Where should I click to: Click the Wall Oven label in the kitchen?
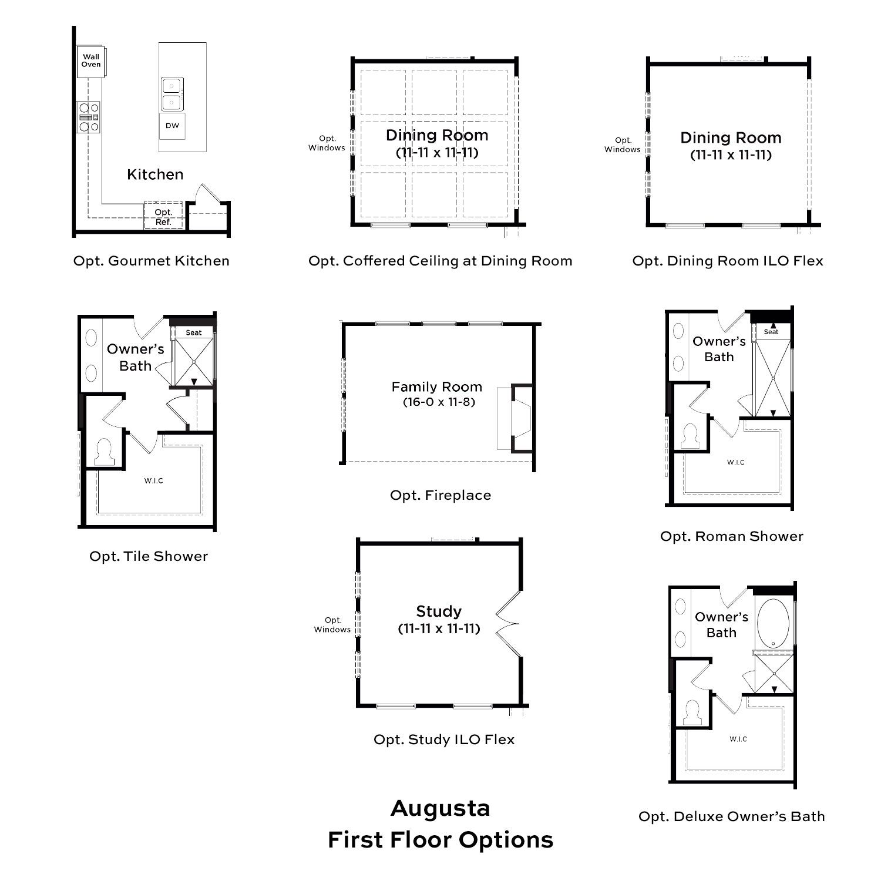tap(91, 60)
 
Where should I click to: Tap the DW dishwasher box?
tap(172, 126)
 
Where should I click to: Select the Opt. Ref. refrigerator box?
tap(164, 217)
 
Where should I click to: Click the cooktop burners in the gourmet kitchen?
tap(89, 117)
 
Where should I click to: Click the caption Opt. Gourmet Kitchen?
tap(152, 261)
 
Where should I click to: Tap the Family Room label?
tap(437, 386)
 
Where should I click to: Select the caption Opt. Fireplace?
tap(441, 495)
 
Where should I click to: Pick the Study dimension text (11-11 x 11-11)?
tap(439, 628)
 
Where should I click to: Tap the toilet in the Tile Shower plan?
tap(105, 452)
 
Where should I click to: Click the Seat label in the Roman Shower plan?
tap(771, 332)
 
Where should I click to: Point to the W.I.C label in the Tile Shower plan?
tap(154, 481)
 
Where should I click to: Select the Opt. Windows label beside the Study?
tap(332, 625)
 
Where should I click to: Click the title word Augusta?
tap(441, 809)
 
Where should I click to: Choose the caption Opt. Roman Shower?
tap(732, 536)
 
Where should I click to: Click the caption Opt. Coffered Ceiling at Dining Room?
tap(441, 261)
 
